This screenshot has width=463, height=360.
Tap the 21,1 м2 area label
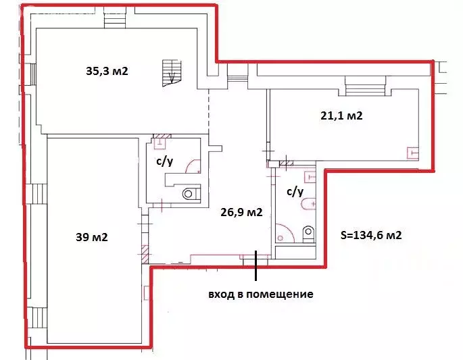341,115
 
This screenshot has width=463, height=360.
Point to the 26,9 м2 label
241,213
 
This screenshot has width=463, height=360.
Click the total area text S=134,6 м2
371,235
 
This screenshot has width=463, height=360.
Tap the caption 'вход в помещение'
261,294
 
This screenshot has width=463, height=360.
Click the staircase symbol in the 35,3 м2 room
171,71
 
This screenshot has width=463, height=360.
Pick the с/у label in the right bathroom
295,191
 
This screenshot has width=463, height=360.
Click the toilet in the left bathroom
189,193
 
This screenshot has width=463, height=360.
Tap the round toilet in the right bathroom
309,233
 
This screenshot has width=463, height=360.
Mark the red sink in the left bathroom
161,143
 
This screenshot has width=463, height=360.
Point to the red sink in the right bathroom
310,177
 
